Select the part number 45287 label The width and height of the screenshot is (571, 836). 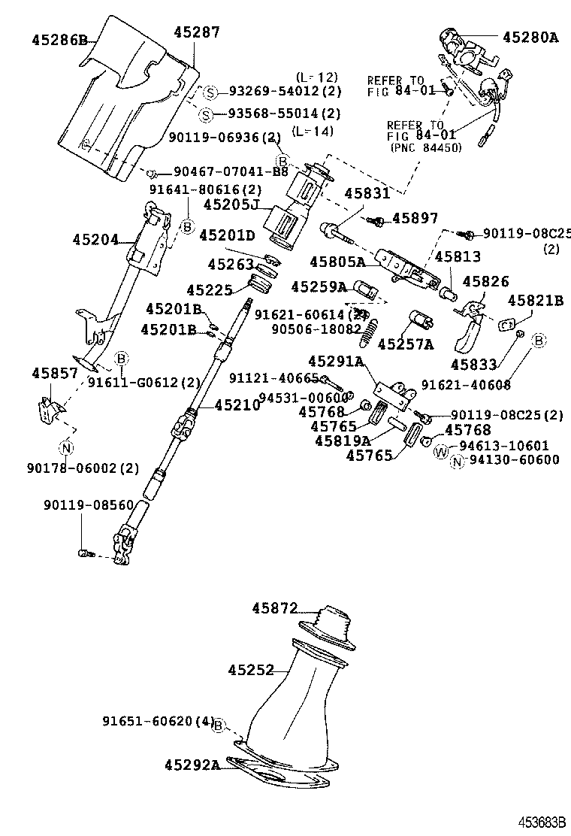[197, 32]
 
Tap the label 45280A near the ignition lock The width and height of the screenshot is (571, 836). [530, 36]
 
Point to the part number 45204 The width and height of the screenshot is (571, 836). [95, 240]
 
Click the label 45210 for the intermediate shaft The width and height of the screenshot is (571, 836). [237, 405]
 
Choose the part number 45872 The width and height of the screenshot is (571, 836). [275, 607]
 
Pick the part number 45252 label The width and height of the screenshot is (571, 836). [251, 669]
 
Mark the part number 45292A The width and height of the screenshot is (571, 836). [192, 765]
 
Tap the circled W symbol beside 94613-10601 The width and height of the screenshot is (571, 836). [441, 451]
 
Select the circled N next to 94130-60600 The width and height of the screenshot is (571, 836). [457, 462]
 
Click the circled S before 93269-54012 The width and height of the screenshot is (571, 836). [211, 92]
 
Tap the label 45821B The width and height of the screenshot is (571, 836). [535, 300]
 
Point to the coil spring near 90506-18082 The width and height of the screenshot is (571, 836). [368, 333]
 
